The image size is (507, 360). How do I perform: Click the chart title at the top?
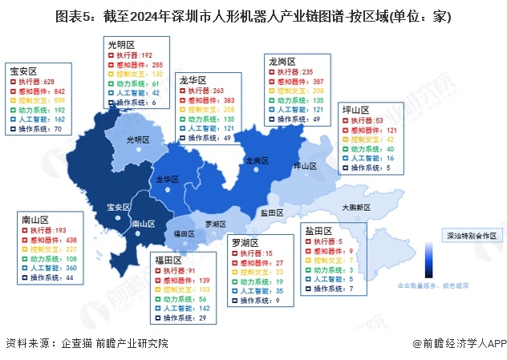click(253, 15)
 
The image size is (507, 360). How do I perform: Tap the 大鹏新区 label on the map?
click(355, 207)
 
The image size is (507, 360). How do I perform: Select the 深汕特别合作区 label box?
click(472, 236)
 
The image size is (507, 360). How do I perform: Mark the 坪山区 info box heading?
click(355, 108)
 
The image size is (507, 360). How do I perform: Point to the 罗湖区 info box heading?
click(244, 242)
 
